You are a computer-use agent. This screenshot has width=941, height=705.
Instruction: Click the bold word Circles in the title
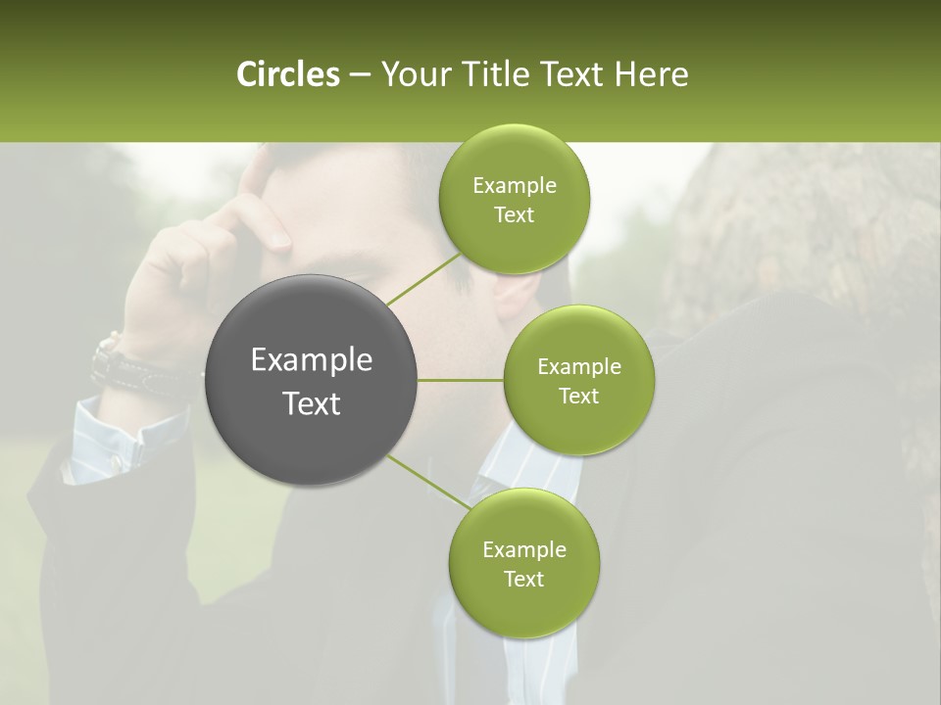[287, 74]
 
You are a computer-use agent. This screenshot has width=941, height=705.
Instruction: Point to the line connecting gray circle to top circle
[423, 278]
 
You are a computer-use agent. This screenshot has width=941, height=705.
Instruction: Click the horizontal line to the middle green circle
[461, 380]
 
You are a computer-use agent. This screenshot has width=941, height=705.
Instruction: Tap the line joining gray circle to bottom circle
[426, 480]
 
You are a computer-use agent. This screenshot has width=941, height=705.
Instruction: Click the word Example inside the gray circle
[312, 360]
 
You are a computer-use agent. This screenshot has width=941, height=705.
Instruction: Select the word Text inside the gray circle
[312, 403]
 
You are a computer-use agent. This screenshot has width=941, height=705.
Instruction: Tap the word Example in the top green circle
[514, 186]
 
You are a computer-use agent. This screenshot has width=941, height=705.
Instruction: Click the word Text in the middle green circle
[578, 396]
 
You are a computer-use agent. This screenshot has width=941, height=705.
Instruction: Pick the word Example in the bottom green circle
[523, 549]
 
